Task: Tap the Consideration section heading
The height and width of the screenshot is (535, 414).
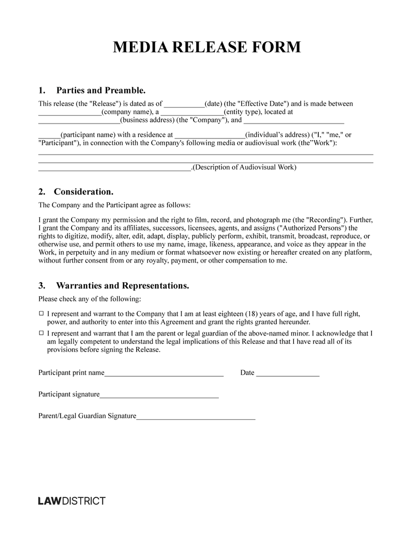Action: click(x=83, y=191)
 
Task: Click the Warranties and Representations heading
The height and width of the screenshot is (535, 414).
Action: click(x=122, y=285)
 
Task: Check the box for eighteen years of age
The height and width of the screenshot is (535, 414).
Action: click(x=41, y=314)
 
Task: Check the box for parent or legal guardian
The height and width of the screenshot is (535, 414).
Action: click(x=41, y=333)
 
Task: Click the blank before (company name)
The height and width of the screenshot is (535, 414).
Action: click(x=70, y=113)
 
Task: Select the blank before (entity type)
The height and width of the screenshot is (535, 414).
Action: click(x=192, y=113)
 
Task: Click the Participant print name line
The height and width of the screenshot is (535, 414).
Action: click(x=164, y=374)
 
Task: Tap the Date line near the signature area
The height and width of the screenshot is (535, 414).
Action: click(x=288, y=374)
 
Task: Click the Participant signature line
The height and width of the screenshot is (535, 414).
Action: click(x=159, y=395)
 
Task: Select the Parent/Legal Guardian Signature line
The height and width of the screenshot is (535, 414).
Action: click(x=196, y=417)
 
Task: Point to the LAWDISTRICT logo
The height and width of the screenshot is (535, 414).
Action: click(x=72, y=501)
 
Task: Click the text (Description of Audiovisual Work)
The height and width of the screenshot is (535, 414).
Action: click(x=244, y=167)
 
